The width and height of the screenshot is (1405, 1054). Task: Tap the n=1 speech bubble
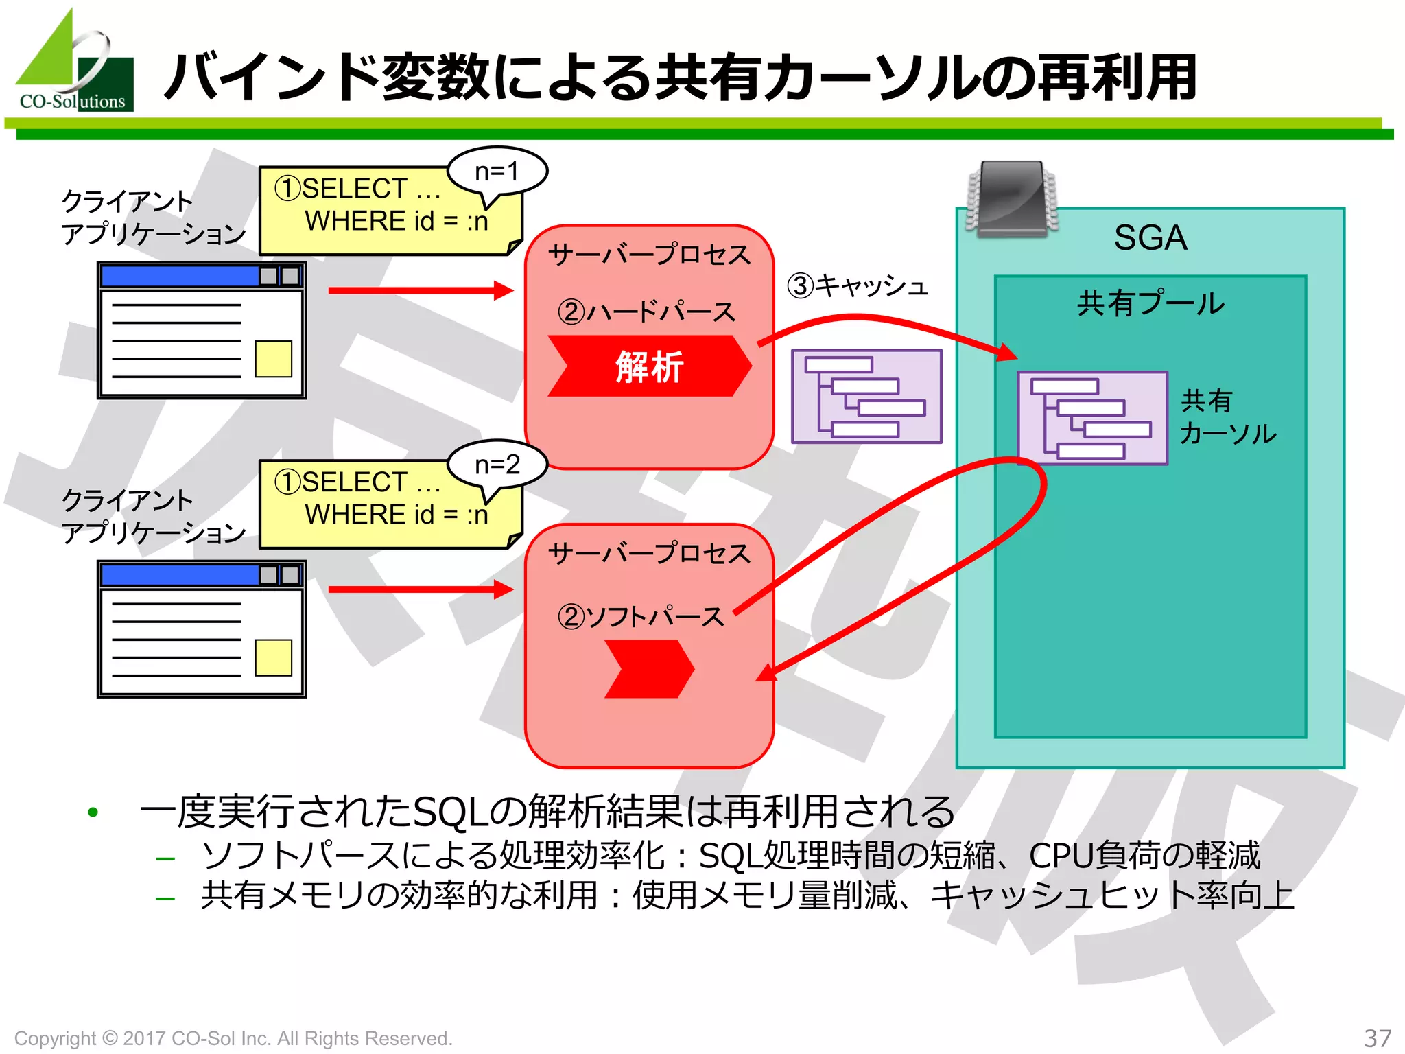pos(497,172)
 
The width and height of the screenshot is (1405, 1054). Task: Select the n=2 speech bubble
pos(497,465)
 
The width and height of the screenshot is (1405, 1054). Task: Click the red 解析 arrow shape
pos(649,366)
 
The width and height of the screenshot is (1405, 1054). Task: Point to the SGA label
pos(1150,238)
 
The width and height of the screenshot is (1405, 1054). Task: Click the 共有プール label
pos(1150,303)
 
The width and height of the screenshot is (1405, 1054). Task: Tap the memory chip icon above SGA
pos(1012,199)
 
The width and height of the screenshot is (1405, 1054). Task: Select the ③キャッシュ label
pos(858,285)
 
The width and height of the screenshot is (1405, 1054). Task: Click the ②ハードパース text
pos(646,312)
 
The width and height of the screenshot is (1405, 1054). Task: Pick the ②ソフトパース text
pos(641,616)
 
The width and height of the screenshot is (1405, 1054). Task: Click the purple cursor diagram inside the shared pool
pos(1092,418)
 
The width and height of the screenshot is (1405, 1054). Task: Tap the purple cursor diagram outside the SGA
pos(866,396)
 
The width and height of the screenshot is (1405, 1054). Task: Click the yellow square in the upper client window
pos(273,358)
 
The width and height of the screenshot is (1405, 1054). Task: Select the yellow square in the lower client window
pos(273,657)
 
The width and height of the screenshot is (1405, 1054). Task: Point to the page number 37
pos(1377,1038)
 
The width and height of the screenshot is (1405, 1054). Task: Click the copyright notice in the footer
pos(233,1038)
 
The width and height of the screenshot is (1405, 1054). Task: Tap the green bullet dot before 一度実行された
pos(93,812)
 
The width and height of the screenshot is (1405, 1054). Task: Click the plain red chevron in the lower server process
pos(649,669)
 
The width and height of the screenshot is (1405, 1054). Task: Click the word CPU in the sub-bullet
pos(1061,856)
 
